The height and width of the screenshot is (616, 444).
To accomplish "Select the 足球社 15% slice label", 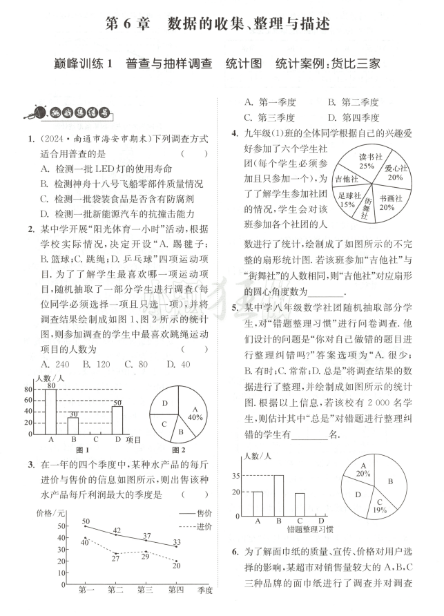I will (x=347, y=200).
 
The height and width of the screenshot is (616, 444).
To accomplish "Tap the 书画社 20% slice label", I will (x=387, y=202).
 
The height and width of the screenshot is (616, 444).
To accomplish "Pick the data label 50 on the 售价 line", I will (x=86, y=521).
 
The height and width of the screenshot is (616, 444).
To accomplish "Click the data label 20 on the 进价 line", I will (x=177, y=565).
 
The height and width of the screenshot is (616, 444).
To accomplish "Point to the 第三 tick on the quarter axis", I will (x=145, y=589).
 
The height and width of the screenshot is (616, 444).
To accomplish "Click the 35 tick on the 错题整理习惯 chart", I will (x=236, y=476).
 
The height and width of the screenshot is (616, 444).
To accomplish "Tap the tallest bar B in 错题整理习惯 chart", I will (x=278, y=495).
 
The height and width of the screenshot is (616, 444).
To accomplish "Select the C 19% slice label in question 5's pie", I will (x=379, y=506).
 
